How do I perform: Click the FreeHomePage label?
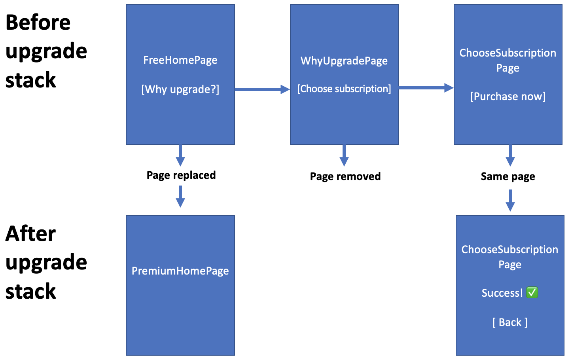(180, 60)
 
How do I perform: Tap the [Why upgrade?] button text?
(180, 89)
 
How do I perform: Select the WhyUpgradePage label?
(344, 61)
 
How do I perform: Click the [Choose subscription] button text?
(344, 89)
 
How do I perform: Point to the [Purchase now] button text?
(508, 97)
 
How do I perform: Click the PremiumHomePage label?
(180, 271)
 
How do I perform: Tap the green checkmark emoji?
(532, 293)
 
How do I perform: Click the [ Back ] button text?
(509, 322)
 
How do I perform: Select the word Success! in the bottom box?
(502, 293)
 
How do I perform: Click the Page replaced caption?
(181, 175)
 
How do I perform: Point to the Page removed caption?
(345, 176)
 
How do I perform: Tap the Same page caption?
(508, 176)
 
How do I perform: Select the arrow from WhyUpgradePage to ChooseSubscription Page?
(426, 88)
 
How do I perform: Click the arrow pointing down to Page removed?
(344, 155)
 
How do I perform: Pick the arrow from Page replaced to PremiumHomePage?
(180, 197)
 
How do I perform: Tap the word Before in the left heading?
(38, 23)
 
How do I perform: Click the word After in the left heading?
(30, 234)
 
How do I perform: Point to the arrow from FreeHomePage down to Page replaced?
(180, 155)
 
